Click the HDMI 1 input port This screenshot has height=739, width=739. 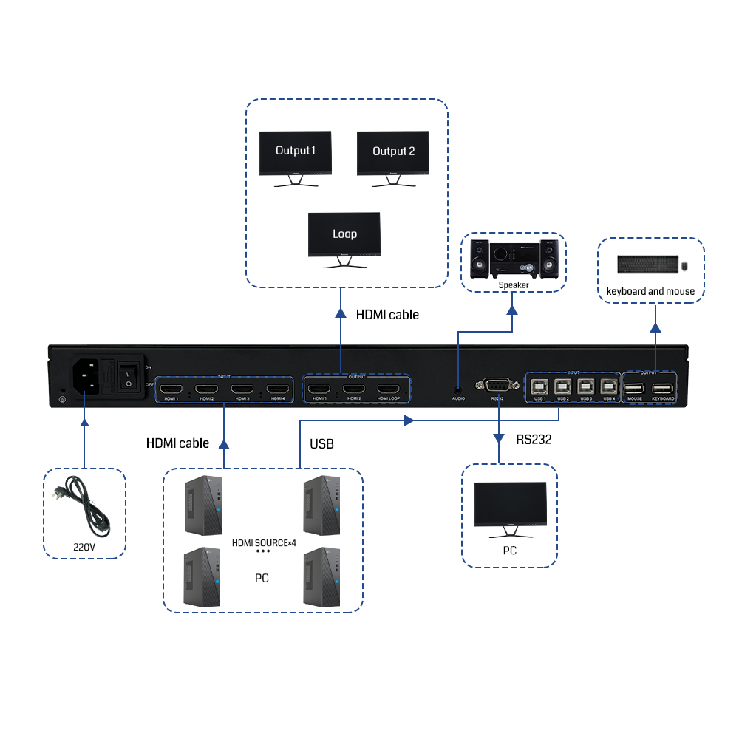tap(172, 389)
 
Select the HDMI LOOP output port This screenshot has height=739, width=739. tap(389, 389)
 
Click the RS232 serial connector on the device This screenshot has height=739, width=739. tap(496, 385)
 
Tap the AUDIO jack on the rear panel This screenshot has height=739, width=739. tap(458, 386)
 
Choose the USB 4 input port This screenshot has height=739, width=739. tap(609, 386)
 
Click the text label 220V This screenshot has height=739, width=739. tap(84, 548)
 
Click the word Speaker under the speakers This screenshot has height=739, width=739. tap(514, 285)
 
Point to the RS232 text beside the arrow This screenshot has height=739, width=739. tap(534, 440)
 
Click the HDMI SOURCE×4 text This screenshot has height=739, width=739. tap(263, 543)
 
